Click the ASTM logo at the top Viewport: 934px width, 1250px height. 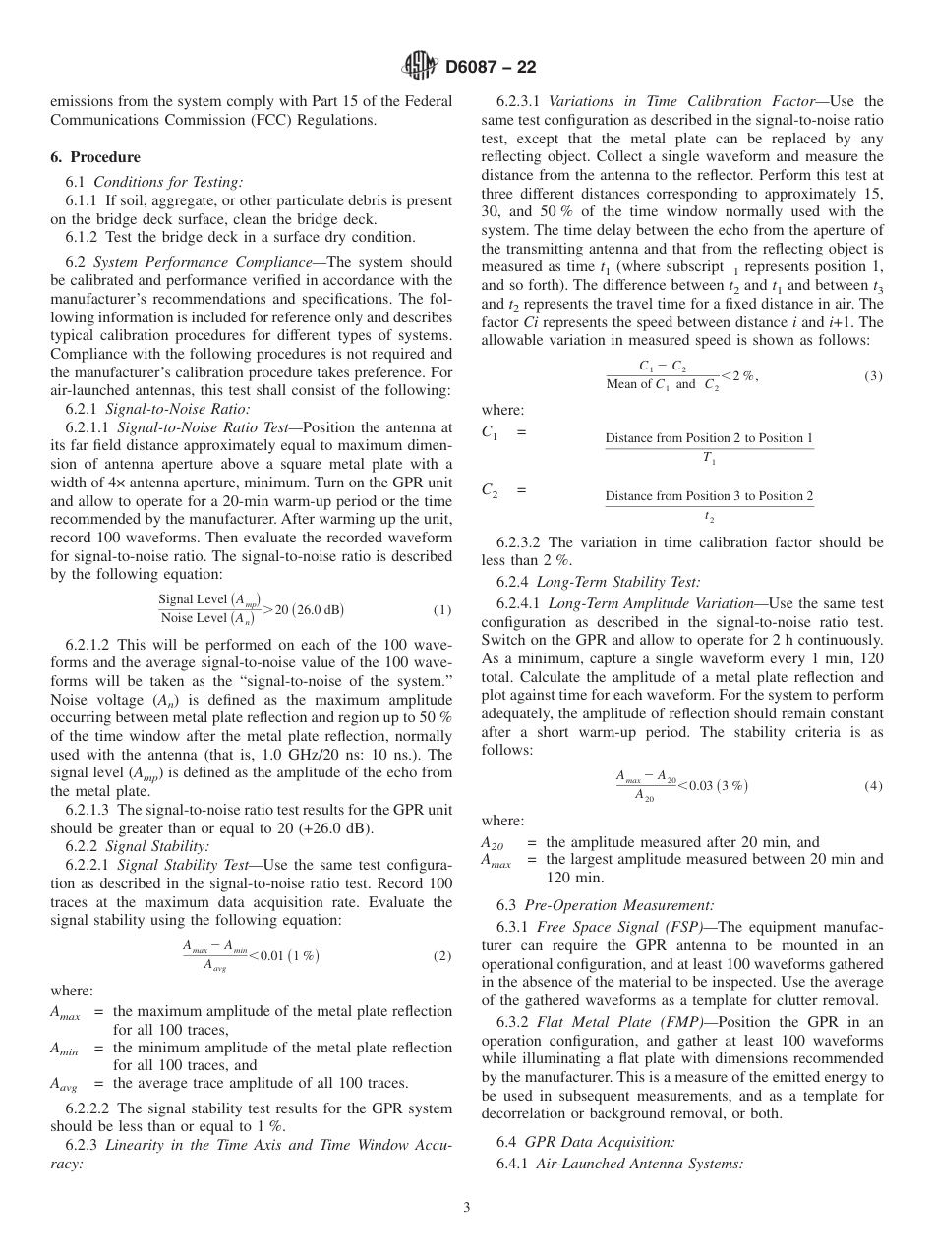click(420, 67)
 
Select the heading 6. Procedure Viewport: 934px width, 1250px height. click(95, 157)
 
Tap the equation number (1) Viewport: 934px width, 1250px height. click(442, 610)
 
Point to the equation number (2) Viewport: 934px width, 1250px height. click(442, 955)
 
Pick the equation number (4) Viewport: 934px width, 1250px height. click(873, 786)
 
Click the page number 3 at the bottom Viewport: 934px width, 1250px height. click(467, 1207)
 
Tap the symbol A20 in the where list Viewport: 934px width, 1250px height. click(492, 843)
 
